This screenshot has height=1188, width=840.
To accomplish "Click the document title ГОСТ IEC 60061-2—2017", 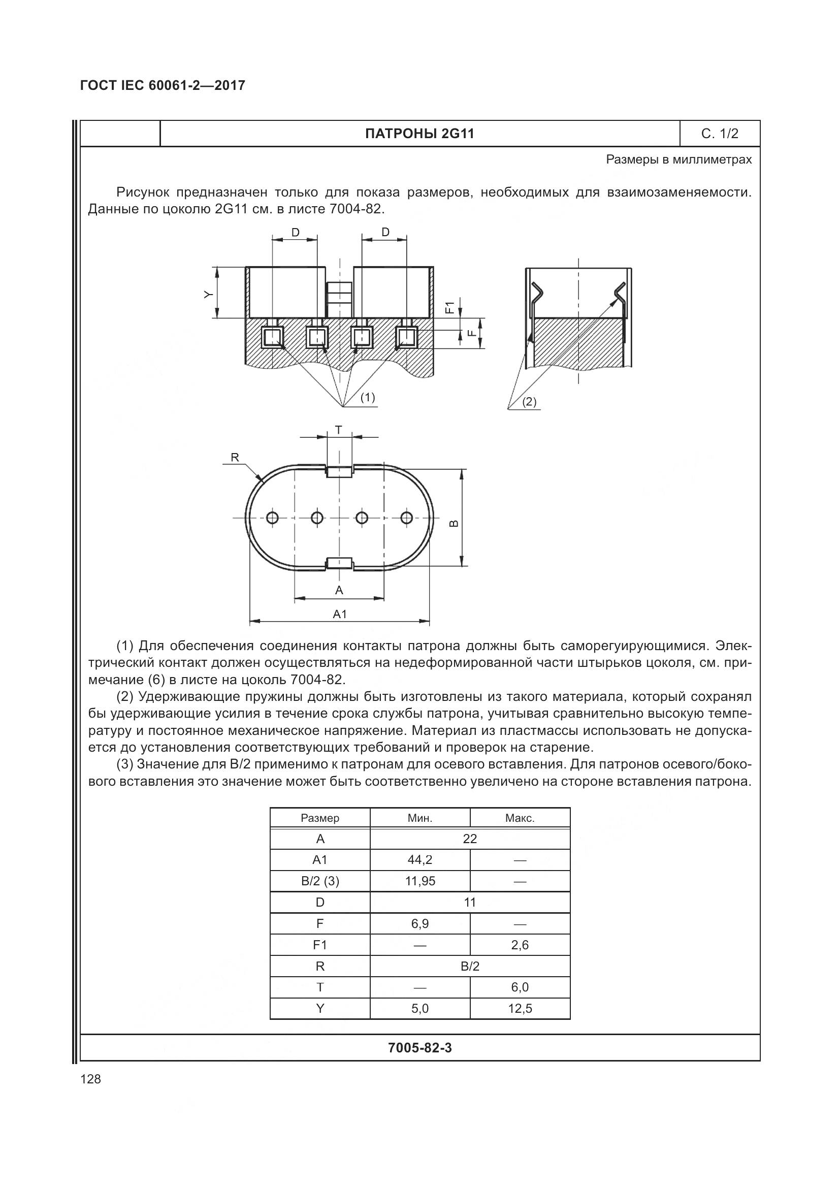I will (x=163, y=86).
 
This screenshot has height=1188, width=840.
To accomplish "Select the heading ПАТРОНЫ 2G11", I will (x=419, y=134).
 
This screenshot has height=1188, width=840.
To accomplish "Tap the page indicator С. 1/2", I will (x=720, y=134).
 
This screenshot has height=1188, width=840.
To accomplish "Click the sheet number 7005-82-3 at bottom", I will (x=419, y=1048).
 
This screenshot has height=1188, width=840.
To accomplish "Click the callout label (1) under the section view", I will (x=367, y=397).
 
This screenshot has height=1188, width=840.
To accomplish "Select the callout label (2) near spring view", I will (x=529, y=402).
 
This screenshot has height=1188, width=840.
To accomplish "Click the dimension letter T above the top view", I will (x=338, y=430).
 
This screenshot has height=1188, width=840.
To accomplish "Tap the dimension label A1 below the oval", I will (x=339, y=614).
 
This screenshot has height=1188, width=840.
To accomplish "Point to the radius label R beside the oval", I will (x=235, y=458).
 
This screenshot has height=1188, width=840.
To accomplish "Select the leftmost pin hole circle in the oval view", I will (x=273, y=518).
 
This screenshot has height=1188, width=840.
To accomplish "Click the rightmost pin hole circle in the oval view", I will (x=407, y=518).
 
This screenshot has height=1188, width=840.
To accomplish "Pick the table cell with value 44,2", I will (x=420, y=860).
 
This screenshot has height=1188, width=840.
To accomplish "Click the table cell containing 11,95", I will (x=420, y=881).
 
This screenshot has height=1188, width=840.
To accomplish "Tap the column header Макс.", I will (x=520, y=818).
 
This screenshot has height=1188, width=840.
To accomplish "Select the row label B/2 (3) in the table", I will (x=319, y=881).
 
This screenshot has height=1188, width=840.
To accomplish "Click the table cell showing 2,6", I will (x=520, y=945).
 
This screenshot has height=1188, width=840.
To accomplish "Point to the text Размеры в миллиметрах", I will (x=679, y=160).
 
